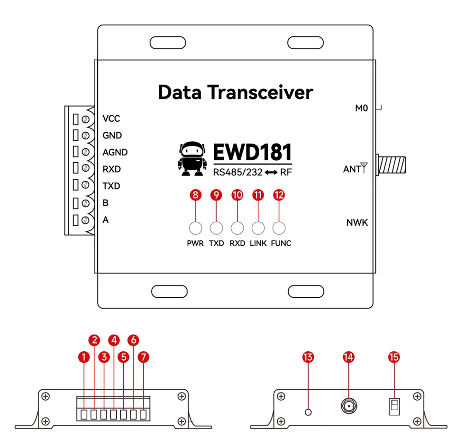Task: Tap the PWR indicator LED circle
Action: [x=195, y=228]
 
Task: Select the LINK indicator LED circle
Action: [x=258, y=228]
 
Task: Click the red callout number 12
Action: [x=279, y=195]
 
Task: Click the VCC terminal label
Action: [x=111, y=119]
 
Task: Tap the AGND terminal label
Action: [x=115, y=152]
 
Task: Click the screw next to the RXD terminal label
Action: [x=86, y=169]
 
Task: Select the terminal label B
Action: [x=106, y=203]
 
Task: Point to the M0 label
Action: [x=362, y=108]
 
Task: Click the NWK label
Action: [x=357, y=222]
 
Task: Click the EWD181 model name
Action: [x=252, y=153]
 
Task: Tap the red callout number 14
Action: [x=348, y=357]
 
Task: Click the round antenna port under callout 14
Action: [x=349, y=406]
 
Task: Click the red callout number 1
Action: [x=84, y=357]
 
